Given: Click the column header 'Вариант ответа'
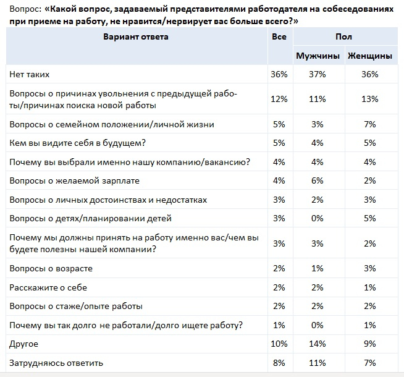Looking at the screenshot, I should tap(136, 36).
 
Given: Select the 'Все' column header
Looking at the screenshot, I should tap(279, 36).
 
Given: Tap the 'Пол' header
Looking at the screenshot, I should tap(343, 37).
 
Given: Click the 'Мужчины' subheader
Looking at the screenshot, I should tap(318, 56).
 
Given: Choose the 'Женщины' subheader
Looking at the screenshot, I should tap(370, 56).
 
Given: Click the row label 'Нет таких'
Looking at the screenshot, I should tap(30, 74).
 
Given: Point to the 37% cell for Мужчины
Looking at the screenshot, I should tap(318, 74).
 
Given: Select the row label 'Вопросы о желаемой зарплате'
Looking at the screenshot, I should tap(74, 180).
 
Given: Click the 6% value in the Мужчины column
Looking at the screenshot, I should tap(318, 180).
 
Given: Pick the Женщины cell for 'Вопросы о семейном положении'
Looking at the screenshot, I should tap(370, 124).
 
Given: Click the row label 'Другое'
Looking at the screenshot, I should tap(24, 343).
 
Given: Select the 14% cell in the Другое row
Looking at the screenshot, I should tap(318, 343).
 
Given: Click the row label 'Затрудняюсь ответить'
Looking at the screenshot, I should tap(56, 362).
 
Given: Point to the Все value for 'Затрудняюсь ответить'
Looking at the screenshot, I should tap(279, 362).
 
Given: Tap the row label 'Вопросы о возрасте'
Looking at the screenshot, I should tap(51, 269).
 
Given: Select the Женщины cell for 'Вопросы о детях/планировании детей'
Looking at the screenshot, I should tap(370, 218).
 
